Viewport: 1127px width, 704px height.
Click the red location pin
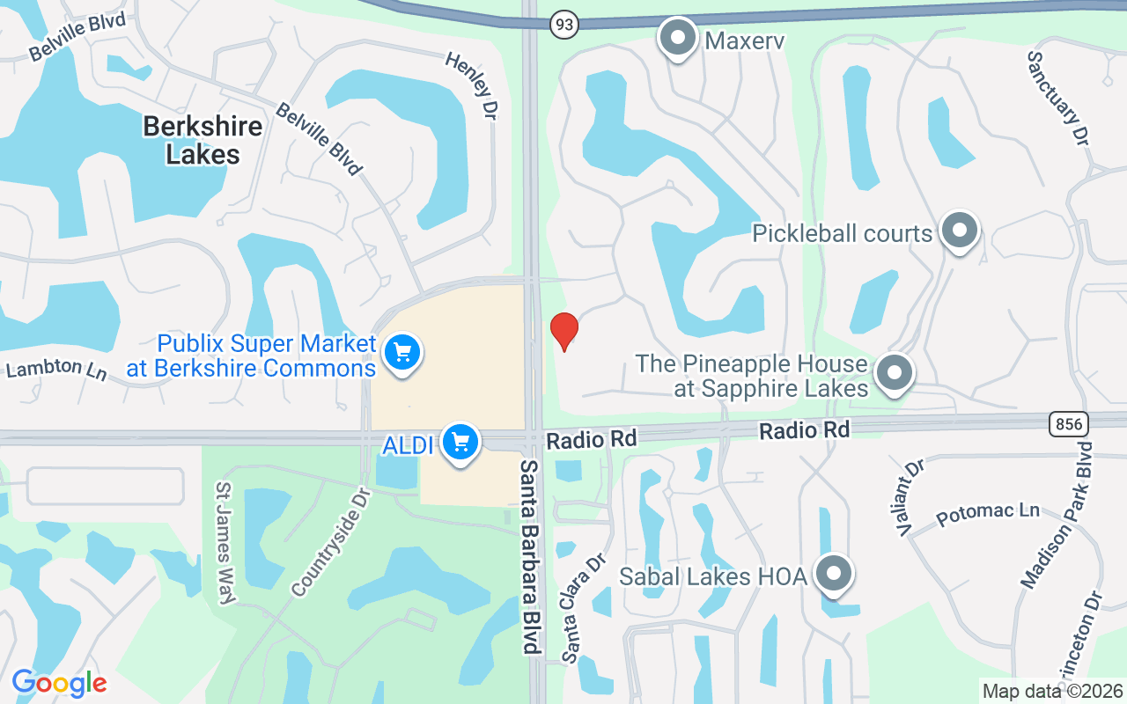tap(563, 331)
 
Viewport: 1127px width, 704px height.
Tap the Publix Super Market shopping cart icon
tap(402, 353)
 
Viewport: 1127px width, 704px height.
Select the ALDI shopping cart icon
tap(460, 442)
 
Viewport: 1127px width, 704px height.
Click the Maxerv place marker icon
tap(677, 38)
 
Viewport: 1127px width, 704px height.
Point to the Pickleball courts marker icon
tap(959, 231)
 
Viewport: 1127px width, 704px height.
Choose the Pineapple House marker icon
tap(895, 372)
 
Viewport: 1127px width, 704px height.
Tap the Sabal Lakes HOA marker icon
tap(833, 575)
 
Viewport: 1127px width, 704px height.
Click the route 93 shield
tap(564, 25)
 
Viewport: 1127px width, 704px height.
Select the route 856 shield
tap(1068, 424)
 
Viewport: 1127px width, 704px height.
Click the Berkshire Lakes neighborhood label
tap(203, 140)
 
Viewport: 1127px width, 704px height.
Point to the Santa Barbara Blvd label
tap(528, 556)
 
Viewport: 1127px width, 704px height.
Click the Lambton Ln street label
tap(56, 369)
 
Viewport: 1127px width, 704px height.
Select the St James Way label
tap(225, 543)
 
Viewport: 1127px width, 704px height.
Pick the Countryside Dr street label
tap(331, 540)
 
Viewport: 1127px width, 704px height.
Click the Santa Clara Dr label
tap(585, 607)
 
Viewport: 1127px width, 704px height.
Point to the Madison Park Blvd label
tap(1056, 516)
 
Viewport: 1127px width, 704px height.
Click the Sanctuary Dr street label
tap(1059, 97)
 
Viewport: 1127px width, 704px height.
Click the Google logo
tap(59, 683)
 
